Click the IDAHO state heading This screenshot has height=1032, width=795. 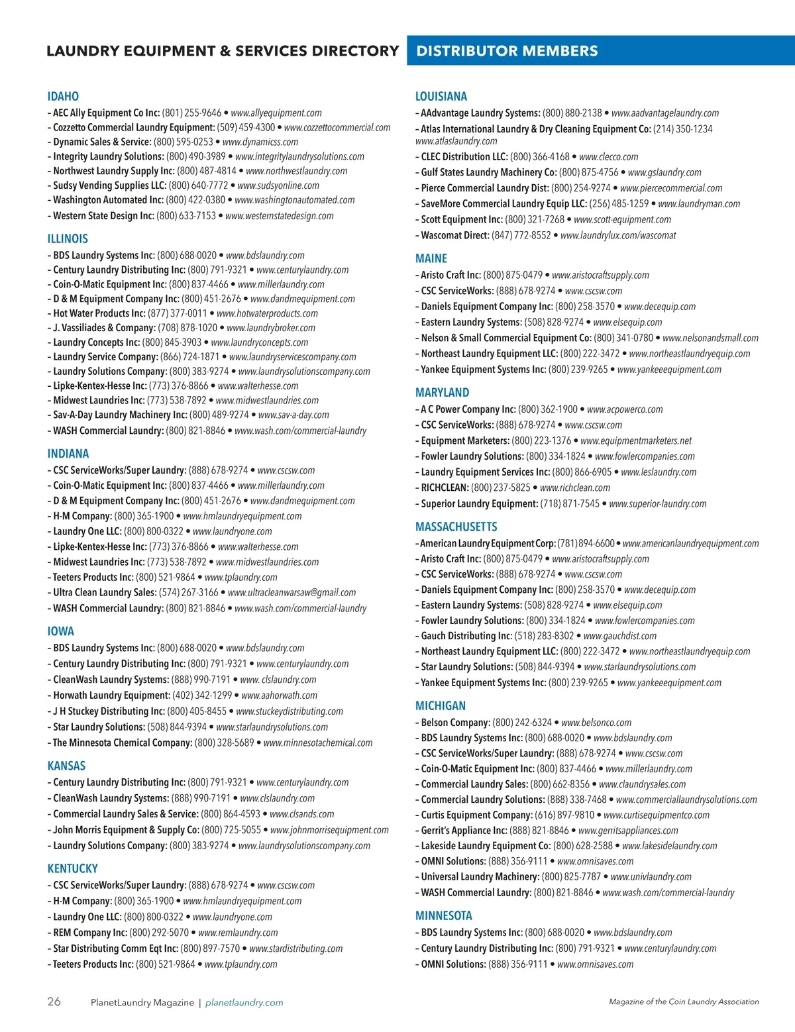(x=63, y=97)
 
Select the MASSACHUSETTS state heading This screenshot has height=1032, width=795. (x=456, y=527)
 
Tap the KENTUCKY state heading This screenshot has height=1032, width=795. (x=72, y=869)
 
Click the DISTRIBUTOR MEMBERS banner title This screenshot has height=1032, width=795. (x=507, y=51)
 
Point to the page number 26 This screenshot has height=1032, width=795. (x=54, y=1002)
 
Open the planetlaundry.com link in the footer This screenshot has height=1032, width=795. (x=244, y=1003)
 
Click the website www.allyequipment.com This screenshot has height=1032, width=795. (x=276, y=113)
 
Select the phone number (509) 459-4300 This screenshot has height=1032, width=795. (x=246, y=128)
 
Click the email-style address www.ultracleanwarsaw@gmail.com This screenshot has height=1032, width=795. (x=291, y=593)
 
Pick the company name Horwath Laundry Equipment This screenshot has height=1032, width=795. (x=112, y=696)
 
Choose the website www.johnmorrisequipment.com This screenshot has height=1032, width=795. (x=329, y=830)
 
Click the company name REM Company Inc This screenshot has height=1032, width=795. (x=90, y=933)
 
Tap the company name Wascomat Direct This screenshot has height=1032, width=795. (x=455, y=235)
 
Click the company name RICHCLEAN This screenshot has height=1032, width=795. (x=445, y=488)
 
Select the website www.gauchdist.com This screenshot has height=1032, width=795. (x=620, y=636)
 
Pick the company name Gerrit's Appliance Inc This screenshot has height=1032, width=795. (x=464, y=831)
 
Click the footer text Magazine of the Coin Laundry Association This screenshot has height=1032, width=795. (x=684, y=1002)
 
